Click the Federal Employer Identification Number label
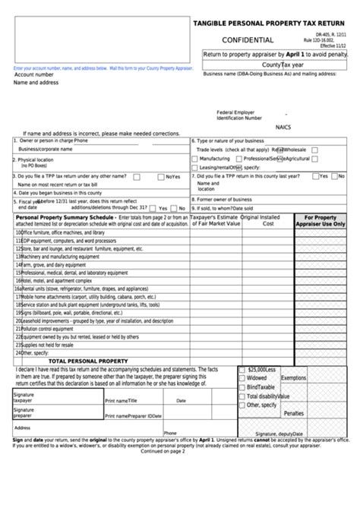239,114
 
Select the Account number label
33,75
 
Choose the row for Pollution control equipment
53,307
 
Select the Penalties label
293,413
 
